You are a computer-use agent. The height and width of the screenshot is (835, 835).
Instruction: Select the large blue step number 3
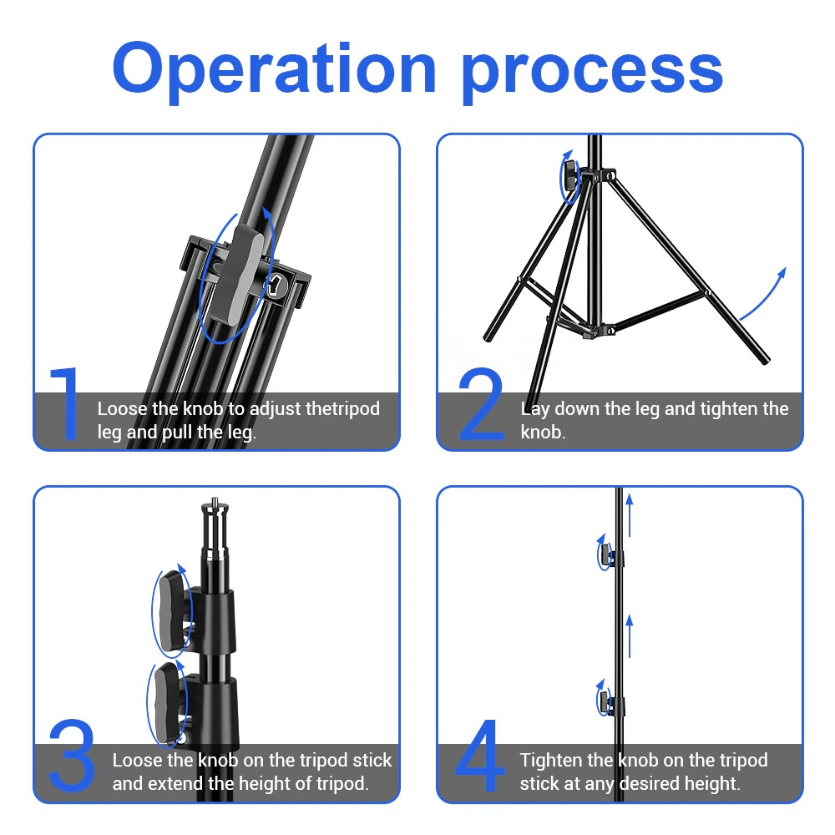[x=72, y=755]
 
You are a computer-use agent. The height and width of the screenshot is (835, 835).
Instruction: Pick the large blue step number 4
[x=480, y=755]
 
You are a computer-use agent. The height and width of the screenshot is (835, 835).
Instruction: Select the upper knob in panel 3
[x=175, y=611]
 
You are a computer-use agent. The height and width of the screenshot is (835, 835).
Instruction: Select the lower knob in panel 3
[x=170, y=703]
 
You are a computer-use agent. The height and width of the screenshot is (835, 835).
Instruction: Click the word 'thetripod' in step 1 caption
[x=342, y=409]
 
